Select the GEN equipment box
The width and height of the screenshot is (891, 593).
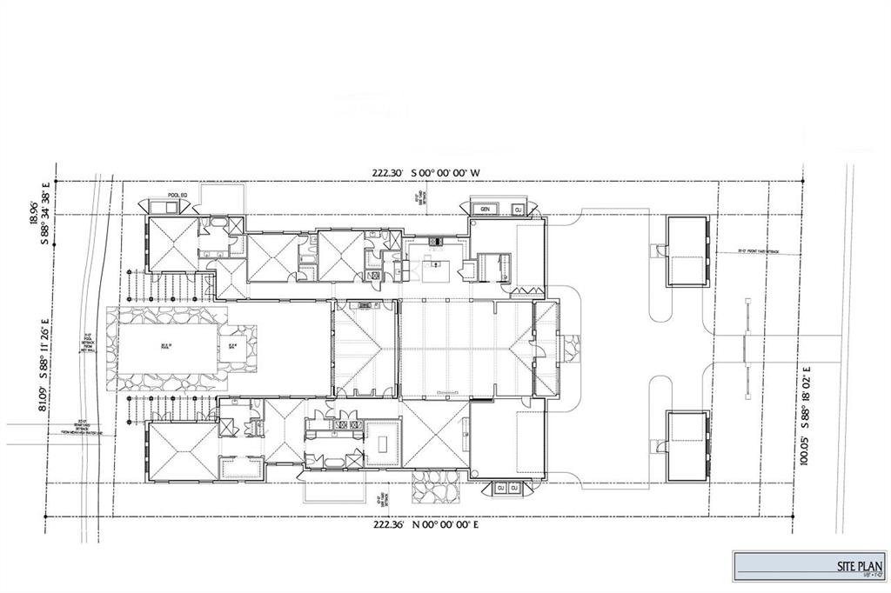coord(486,210)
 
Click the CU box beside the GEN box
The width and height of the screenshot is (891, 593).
coord(517,210)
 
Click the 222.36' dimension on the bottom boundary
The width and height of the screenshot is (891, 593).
coord(390,524)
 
